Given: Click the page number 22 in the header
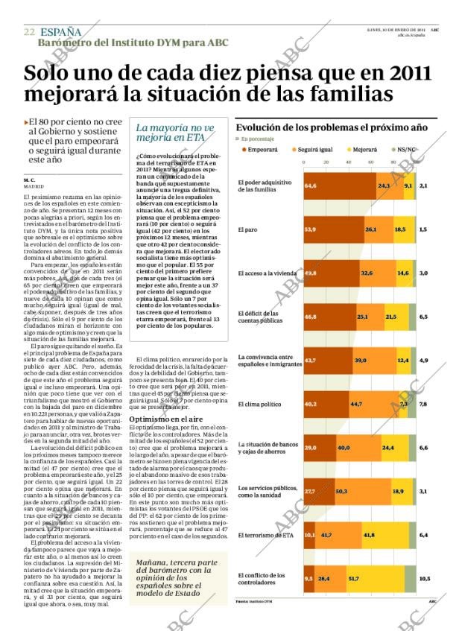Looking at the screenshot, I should pyautogui.click(x=29, y=32).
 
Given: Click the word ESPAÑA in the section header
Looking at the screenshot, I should pyautogui.click(x=61, y=32).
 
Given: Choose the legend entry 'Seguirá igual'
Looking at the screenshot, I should pyautogui.click(x=317, y=150).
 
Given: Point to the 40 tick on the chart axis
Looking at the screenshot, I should pyautogui.click(x=348, y=162).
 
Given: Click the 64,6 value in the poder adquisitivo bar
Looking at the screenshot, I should pyautogui.click(x=311, y=185).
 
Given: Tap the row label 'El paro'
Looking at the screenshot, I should pyautogui.click(x=247, y=229).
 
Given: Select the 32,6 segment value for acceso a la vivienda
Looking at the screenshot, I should pyautogui.click(x=367, y=273).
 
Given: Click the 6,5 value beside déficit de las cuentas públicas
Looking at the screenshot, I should pyautogui.click(x=423, y=317).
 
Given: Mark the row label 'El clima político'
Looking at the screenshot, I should pyautogui.click(x=259, y=404).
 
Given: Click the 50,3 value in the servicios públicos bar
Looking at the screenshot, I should pyautogui.click(x=342, y=491).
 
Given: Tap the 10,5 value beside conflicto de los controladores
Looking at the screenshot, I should pyautogui.click(x=425, y=578).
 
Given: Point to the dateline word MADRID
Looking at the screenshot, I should pyautogui.click(x=33, y=186).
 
